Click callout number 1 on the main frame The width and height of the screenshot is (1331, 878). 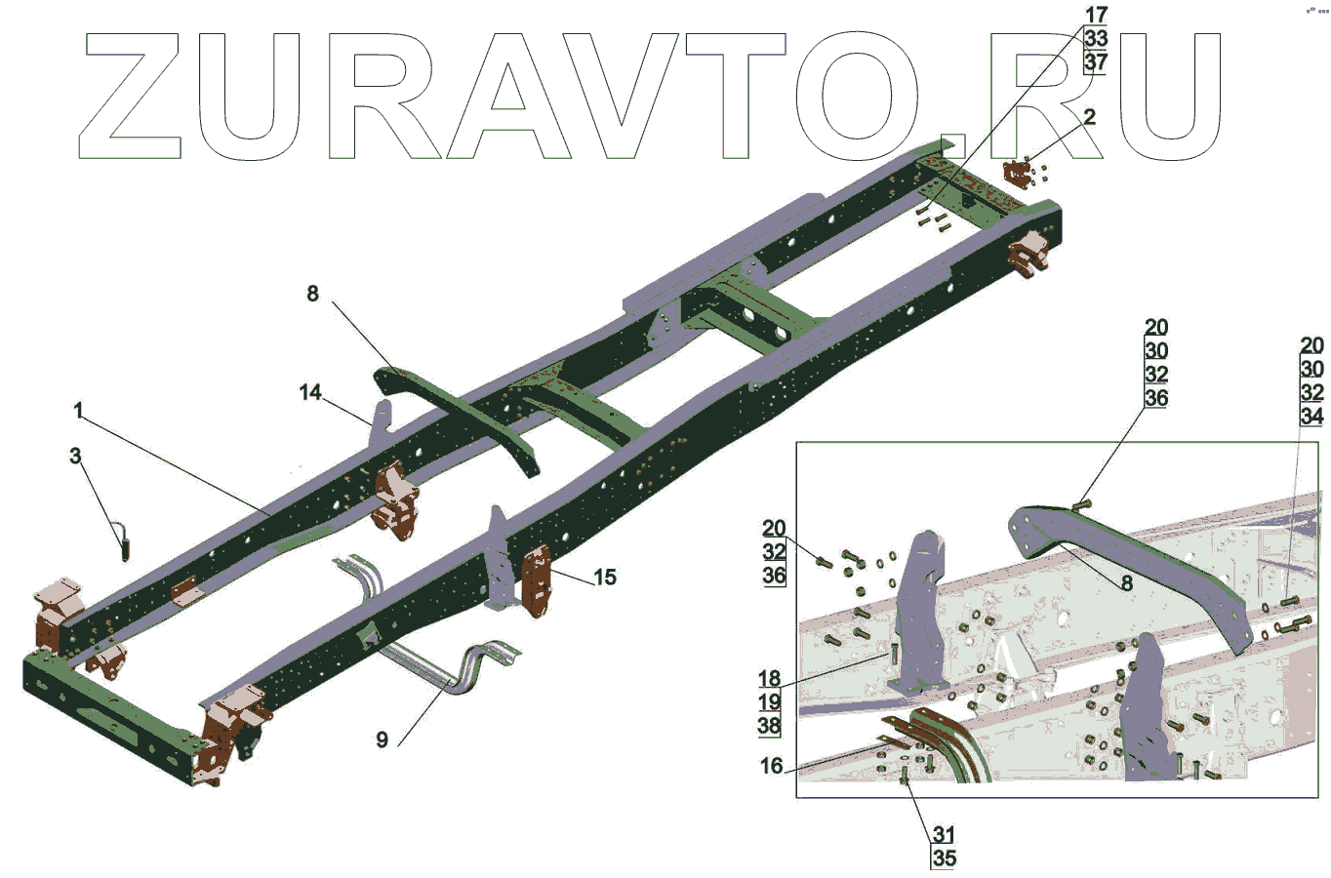[78, 411]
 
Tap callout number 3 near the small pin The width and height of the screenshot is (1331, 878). [76, 456]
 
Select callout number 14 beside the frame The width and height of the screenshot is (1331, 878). [310, 392]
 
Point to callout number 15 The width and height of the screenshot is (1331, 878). [605, 578]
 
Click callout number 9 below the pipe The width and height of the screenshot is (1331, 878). [382, 740]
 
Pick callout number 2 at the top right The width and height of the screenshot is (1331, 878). [1089, 117]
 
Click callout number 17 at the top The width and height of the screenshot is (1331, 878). [1096, 15]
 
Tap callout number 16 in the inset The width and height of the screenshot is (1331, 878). [772, 766]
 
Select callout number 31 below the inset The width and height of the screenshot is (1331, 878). [943, 834]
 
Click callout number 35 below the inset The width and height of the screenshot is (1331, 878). [944, 858]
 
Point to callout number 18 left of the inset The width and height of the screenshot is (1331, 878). [769, 678]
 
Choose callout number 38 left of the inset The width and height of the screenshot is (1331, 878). [769, 725]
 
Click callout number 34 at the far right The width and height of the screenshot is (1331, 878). [1311, 417]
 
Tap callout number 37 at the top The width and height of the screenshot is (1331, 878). [1096, 62]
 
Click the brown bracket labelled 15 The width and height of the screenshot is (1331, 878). [537, 582]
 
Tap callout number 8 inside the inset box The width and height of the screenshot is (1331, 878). [1127, 583]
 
